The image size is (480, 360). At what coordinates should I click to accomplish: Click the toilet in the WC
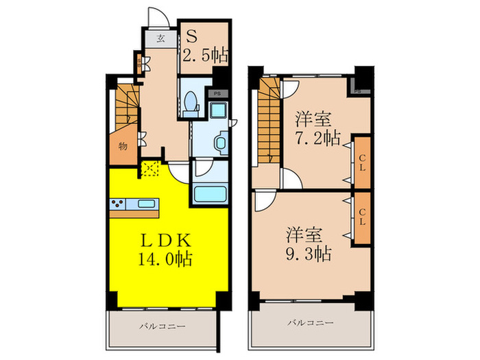[x=192, y=103]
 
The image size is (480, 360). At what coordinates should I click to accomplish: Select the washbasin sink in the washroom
[x=219, y=142]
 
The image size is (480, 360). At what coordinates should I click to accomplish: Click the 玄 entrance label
[x=160, y=38]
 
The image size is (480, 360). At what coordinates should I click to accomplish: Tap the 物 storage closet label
[x=121, y=146]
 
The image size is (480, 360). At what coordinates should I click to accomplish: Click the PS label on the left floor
[x=217, y=93]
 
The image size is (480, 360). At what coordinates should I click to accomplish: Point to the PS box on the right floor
[x=358, y=88]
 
